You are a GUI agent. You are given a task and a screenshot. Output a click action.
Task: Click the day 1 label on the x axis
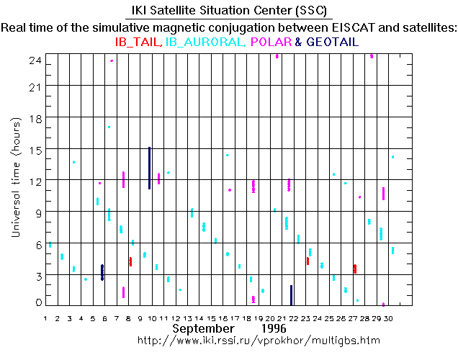(45, 318)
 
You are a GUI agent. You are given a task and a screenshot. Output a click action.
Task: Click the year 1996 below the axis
(276, 328)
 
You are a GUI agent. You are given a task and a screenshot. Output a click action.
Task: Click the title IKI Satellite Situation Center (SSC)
(228, 12)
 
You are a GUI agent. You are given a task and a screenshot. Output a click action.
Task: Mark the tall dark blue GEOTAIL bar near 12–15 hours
(149, 168)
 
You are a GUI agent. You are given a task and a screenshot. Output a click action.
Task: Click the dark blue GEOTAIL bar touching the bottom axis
(291, 294)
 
